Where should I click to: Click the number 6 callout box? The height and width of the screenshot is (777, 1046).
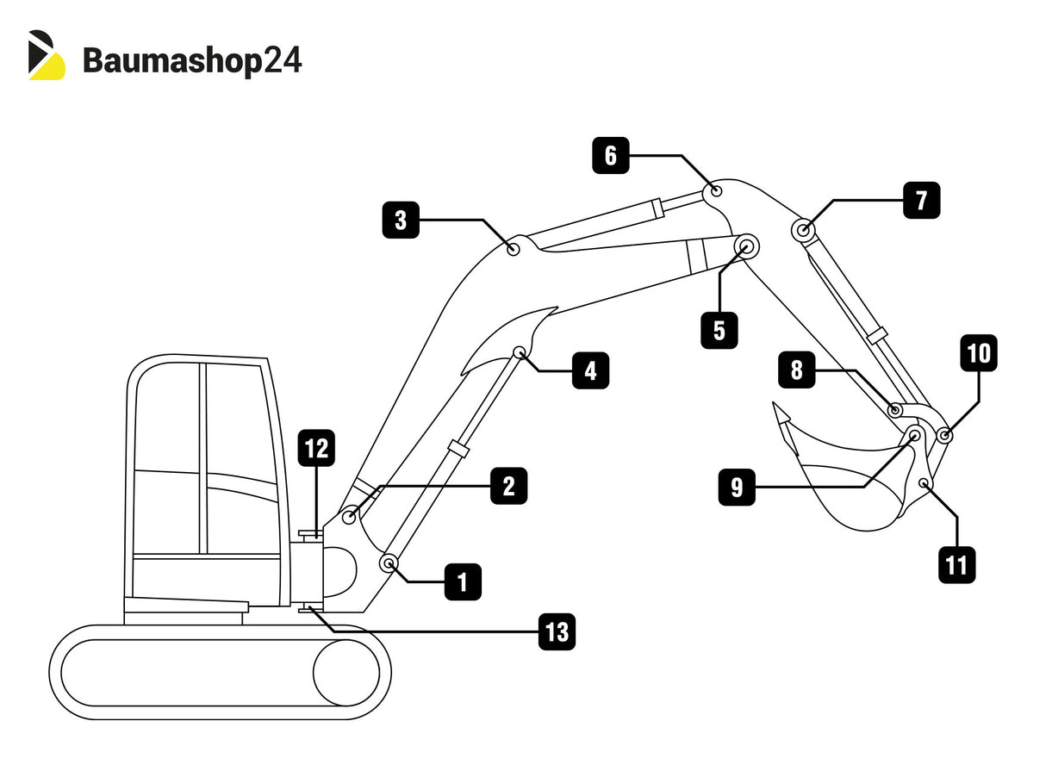[610, 156]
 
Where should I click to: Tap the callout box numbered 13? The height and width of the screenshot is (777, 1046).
[557, 632]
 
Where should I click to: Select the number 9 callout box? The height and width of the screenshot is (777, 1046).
[737, 488]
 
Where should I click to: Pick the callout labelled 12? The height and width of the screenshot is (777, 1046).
[316, 449]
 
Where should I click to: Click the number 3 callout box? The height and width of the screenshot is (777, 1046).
[401, 220]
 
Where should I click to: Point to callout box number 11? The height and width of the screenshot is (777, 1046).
[956, 565]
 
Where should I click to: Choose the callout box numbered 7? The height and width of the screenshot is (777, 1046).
[921, 200]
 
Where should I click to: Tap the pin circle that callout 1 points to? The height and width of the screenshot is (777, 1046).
[389, 564]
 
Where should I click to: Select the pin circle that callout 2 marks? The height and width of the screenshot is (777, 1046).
[349, 517]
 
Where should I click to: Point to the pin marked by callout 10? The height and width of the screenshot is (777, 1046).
[944, 436]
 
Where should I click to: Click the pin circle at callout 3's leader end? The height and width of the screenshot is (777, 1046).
[514, 249]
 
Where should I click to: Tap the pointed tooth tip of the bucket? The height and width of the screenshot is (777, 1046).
[775, 404]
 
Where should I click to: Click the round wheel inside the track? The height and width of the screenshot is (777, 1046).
[346, 673]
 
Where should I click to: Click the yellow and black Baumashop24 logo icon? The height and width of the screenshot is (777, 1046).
[46, 56]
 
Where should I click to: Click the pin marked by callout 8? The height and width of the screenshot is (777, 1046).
[895, 410]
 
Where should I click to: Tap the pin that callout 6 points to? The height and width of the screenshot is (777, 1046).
[716, 190]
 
